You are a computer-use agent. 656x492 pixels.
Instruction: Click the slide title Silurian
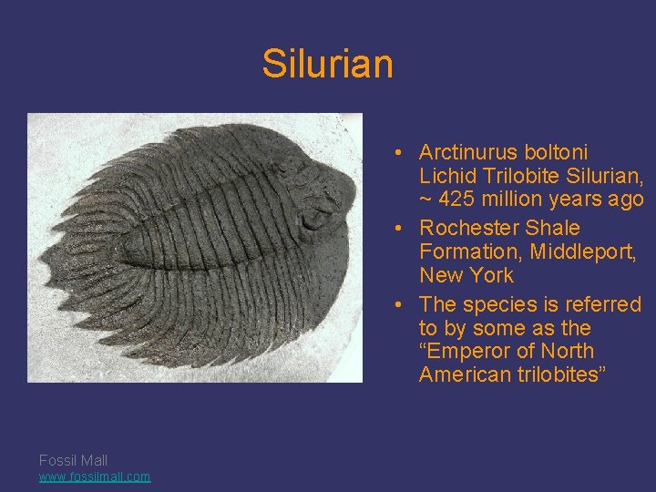(327, 64)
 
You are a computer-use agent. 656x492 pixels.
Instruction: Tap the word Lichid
(448, 176)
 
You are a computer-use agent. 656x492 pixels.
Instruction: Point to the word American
(460, 375)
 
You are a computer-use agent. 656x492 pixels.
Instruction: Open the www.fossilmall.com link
(95, 477)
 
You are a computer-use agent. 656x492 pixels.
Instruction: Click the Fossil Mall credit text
(73, 461)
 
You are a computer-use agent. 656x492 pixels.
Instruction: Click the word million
(520, 200)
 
